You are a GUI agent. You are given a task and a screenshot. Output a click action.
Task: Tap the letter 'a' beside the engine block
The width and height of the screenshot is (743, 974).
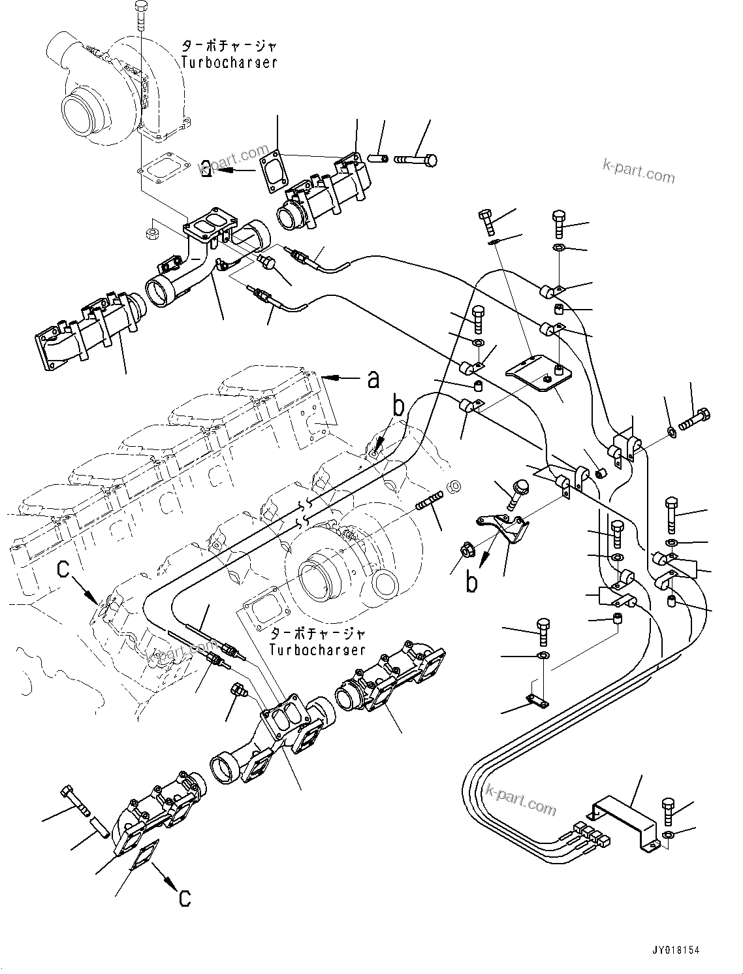(373, 379)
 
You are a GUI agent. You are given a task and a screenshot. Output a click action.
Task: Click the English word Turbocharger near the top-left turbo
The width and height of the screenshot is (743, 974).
(229, 62)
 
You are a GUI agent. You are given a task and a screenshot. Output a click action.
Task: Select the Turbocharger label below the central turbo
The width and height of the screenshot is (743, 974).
(318, 649)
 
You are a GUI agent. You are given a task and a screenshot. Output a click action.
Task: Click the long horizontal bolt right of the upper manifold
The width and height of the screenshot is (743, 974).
(415, 159)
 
